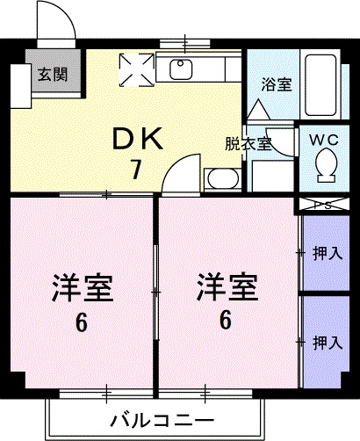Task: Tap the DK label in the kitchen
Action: click(135, 139)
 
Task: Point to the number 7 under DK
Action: click(136, 170)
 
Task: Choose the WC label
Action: click(321, 137)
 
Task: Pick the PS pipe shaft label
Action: click(322, 205)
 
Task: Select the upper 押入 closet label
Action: click(327, 254)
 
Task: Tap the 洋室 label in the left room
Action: click(82, 287)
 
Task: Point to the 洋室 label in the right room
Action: click(227, 286)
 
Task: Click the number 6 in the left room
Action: click(82, 323)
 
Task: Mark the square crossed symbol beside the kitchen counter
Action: click(136, 69)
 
